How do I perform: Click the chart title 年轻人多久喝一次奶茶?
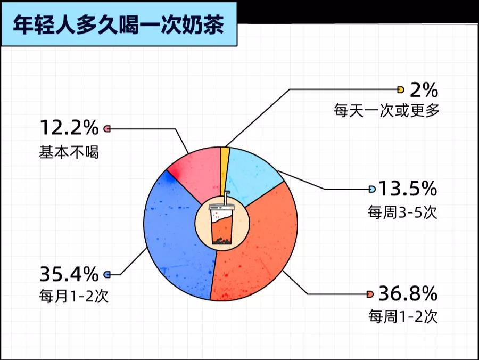click(x=118, y=24)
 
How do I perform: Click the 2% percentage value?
click(x=424, y=90)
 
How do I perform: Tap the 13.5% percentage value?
click(x=408, y=189)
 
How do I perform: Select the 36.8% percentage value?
click(x=408, y=293)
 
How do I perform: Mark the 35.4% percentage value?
click(x=69, y=274)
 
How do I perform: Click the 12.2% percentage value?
click(x=69, y=127)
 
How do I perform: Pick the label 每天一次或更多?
click(x=386, y=110)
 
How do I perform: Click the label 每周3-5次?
click(x=402, y=212)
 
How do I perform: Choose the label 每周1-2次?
click(x=403, y=316)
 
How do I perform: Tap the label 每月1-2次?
click(x=73, y=296)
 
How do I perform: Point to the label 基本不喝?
click(x=69, y=152)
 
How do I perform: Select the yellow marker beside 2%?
click(x=400, y=89)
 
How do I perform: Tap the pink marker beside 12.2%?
click(x=107, y=129)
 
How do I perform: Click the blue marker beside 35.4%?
click(x=107, y=274)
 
